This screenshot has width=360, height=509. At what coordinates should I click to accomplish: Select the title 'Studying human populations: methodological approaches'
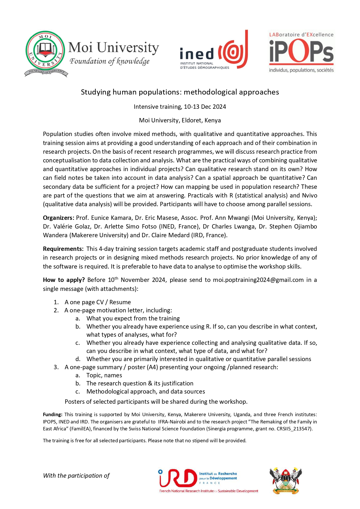click(x=180, y=92)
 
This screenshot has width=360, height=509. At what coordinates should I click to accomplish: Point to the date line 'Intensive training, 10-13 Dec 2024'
click(x=180, y=107)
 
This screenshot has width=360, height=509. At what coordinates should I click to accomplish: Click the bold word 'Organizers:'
click(x=59, y=218)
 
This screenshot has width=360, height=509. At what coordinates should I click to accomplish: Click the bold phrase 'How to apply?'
click(x=64, y=280)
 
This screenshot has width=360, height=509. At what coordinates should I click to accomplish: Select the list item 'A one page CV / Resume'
click(x=97, y=302)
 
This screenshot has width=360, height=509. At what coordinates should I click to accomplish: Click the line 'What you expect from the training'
click(x=133, y=318)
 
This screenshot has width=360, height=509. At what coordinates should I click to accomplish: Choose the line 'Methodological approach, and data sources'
click(x=146, y=392)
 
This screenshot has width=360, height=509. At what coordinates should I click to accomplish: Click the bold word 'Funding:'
click(x=53, y=415)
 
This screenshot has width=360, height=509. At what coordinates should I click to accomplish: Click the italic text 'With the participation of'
click(x=76, y=476)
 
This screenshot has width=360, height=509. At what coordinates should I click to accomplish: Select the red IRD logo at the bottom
click(x=178, y=479)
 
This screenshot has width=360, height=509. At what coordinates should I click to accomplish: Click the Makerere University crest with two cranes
click(x=286, y=481)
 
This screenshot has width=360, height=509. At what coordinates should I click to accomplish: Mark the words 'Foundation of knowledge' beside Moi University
click(x=109, y=61)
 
